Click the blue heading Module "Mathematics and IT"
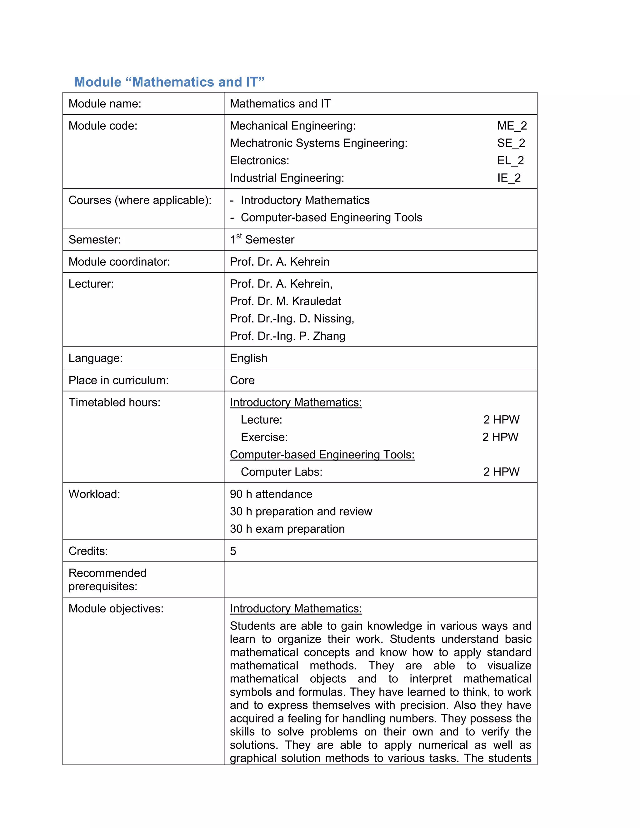pyautogui.click(x=169, y=82)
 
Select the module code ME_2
pyautogui.click(x=512, y=126)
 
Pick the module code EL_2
pyautogui.click(x=510, y=160)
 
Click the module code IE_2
pyautogui.click(x=509, y=178)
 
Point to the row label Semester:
pyautogui.click(x=94, y=240)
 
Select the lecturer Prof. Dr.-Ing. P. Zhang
pyautogui.click(x=287, y=336)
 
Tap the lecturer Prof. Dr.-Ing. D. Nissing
pyautogui.click(x=292, y=318)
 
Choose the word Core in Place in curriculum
pyautogui.click(x=242, y=380)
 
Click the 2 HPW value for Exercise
pyautogui.click(x=500, y=437)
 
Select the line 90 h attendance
pyautogui.click(x=271, y=494)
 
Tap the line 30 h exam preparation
pyautogui.click(x=287, y=529)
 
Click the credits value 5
pyautogui.click(x=233, y=551)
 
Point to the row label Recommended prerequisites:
pyautogui.click(x=107, y=580)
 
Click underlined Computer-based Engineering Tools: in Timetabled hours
pyautogui.click(x=322, y=455)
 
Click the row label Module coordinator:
pyautogui.click(x=119, y=262)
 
